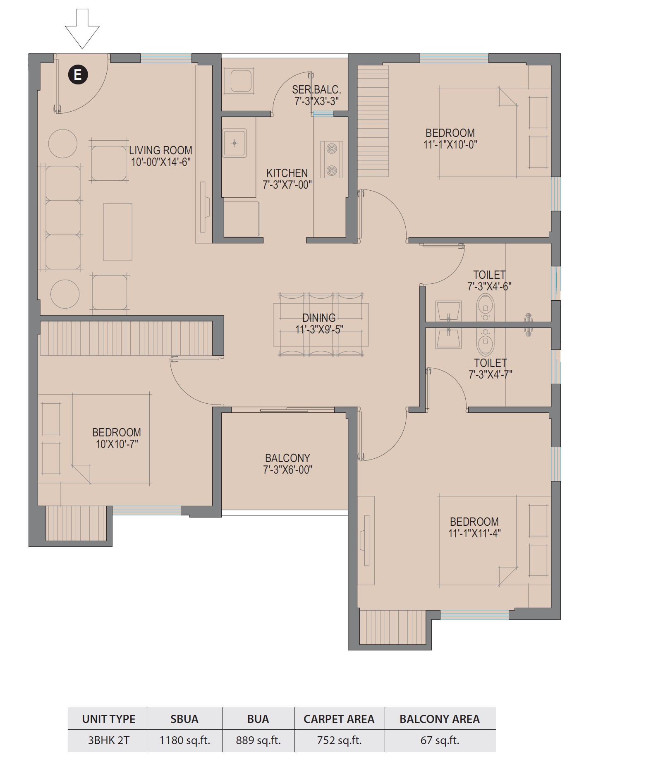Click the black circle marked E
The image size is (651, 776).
click(78, 75)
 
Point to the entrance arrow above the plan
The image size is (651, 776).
click(82, 29)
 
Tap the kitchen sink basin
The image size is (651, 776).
click(235, 143)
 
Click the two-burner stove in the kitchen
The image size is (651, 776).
click(332, 159)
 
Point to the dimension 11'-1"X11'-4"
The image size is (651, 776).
click(474, 533)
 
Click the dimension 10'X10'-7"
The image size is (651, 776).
click(117, 444)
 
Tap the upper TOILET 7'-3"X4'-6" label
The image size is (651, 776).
click(489, 280)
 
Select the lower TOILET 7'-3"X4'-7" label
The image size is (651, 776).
click(490, 369)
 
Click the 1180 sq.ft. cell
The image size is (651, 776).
click(185, 740)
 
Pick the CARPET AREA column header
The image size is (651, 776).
click(339, 719)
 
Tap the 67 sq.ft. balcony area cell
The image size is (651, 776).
click(440, 740)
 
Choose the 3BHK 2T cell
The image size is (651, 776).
click(109, 740)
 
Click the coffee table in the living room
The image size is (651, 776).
click(117, 232)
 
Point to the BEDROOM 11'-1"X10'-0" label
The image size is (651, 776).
click(450, 139)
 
